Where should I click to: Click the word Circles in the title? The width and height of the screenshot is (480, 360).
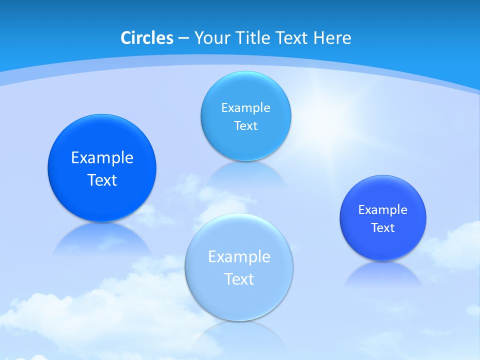point(147,38)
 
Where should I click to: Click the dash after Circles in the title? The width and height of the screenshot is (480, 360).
point(183,38)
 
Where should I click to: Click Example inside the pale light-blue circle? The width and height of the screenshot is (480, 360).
point(239,257)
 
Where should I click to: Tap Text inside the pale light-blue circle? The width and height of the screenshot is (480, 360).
point(239,279)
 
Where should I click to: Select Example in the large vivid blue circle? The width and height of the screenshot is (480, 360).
point(102,158)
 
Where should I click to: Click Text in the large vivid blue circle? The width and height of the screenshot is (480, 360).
point(102,180)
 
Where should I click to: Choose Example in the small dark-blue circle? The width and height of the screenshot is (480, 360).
point(382,210)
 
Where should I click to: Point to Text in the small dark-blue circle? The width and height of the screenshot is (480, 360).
point(383,228)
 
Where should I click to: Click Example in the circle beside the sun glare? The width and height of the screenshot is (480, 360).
point(245,108)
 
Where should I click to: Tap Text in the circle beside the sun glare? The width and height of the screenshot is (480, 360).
point(245,126)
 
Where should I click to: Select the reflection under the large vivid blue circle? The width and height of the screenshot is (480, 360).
point(102,237)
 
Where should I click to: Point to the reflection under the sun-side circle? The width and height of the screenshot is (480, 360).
point(245,172)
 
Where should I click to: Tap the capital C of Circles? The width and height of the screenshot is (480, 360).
point(126,38)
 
